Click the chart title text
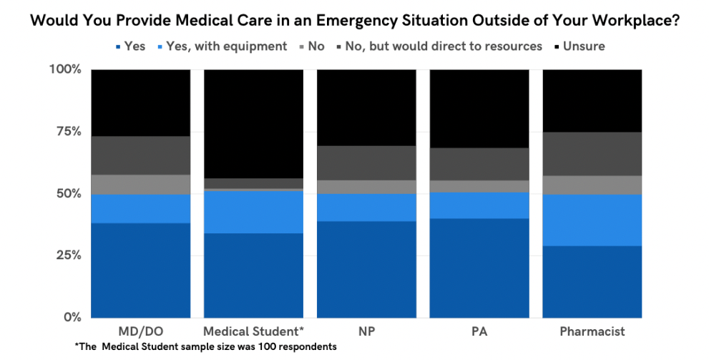354,21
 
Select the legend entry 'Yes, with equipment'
221,47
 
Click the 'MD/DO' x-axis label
140,331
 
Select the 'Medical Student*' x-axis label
253,331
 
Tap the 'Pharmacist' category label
592,331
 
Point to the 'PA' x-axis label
479,331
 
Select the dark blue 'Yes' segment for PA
479,268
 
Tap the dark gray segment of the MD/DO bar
140,155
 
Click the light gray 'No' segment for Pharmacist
592,185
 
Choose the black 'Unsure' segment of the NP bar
366,107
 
